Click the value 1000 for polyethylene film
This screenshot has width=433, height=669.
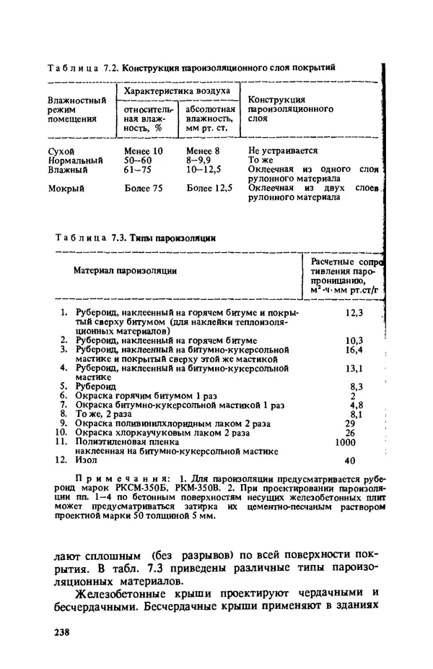pyautogui.click(x=350, y=442)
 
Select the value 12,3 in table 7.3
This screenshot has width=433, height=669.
pyautogui.click(x=354, y=313)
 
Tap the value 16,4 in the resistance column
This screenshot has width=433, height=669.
pyautogui.click(x=354, y=350)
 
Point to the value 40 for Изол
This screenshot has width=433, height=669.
pyautogui.click(x=351, y=460)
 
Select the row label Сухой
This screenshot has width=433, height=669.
pyautogui.click(x=61, y=151)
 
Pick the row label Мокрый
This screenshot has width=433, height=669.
pyautogui.click(x=66, y=189)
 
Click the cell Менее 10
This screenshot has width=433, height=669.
pyautogui.click(x=144, y=151)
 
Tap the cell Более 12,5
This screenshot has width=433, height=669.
pyautogui.click(x=209, y=189)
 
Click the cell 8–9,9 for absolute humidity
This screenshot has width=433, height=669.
pyautogui.click(x=201, y=160)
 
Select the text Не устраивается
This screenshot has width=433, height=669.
pyautogui.click(x=283, y=151)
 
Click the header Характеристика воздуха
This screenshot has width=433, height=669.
pyautogui.click(x=177, y=92)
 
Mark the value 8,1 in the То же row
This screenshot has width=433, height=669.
pyautogui.click(x=355, y=415)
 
